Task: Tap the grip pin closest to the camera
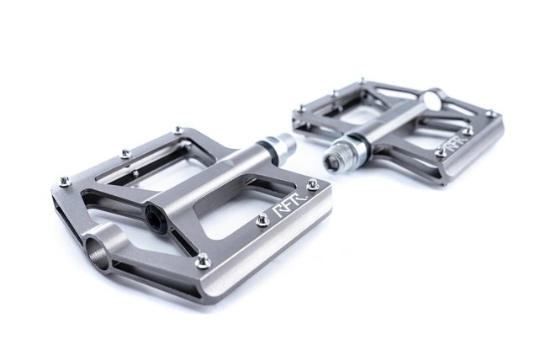point(203,261)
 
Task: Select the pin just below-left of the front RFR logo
point(262,220)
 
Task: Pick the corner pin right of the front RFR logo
point(313,183)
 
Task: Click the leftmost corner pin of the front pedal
point(65,180)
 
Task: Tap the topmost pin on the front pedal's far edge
point(177,130)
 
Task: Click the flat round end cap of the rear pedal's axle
point(432,100)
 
